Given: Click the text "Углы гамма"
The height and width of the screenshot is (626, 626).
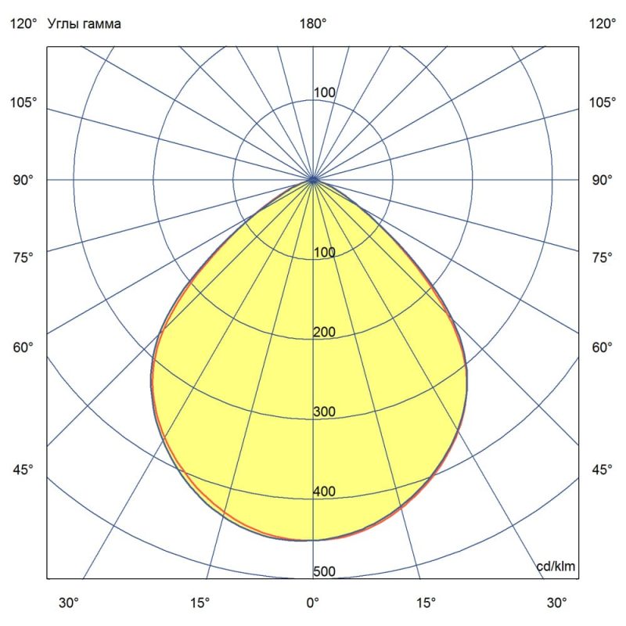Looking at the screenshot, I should tap(84, 23).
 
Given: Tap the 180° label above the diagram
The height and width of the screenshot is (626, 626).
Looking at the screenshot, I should tap(313, 23).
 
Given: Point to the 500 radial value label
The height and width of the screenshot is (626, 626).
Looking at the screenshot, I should tap(324, 571).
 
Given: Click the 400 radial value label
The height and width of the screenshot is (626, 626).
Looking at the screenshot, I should tap(324, 491).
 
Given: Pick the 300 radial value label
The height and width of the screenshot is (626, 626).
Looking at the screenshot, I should tap(324, 412).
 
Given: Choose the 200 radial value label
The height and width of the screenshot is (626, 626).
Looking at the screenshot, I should tap(324, 333).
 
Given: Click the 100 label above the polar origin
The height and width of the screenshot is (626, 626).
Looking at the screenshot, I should tap(324, 93).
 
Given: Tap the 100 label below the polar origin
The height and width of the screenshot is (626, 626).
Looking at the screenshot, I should tap(324, 253).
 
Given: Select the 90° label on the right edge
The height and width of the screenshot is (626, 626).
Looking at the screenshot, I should tap(602, 180).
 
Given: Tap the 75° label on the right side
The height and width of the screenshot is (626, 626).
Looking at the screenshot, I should tap(602, 257).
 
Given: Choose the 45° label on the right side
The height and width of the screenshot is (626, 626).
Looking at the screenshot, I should tap(602, 469).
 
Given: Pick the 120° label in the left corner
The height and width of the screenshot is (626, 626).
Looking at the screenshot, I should tap(23, 23).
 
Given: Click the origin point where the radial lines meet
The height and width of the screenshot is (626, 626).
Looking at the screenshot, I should tap(313, 180).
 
